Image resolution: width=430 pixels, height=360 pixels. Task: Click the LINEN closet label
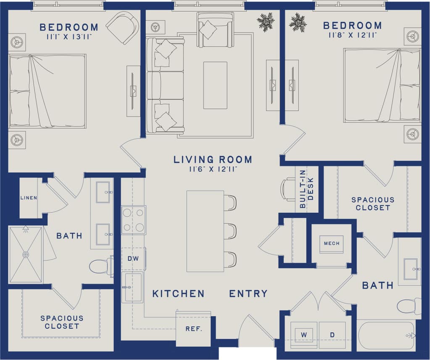pos(29,198)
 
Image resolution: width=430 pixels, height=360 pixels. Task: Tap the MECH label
pos(331,244)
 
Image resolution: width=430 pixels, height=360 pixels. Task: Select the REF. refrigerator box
pos(193,329)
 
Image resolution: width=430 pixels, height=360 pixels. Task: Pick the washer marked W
pos(303,334)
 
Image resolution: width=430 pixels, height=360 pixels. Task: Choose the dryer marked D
pos(332,334)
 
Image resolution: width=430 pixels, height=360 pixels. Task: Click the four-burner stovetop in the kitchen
pos(134,220)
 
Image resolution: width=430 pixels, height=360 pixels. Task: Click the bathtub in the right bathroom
pos(386,335)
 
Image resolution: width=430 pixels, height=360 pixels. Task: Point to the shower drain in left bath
pos(26,254)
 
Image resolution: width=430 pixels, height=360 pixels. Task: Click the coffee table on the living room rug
pos(215,85)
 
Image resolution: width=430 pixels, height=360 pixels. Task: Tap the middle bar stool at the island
pos(230,231)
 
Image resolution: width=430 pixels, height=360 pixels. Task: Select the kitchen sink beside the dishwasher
pos(133,287)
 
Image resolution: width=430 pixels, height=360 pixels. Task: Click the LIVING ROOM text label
pos(213,160)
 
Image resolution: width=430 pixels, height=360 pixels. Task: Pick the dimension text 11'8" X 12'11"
pos(352,36)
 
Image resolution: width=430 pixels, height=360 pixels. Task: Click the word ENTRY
pos(248,294)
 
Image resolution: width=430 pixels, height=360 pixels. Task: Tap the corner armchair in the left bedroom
pos(123,27)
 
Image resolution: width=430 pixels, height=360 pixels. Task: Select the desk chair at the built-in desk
pos(288,189)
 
